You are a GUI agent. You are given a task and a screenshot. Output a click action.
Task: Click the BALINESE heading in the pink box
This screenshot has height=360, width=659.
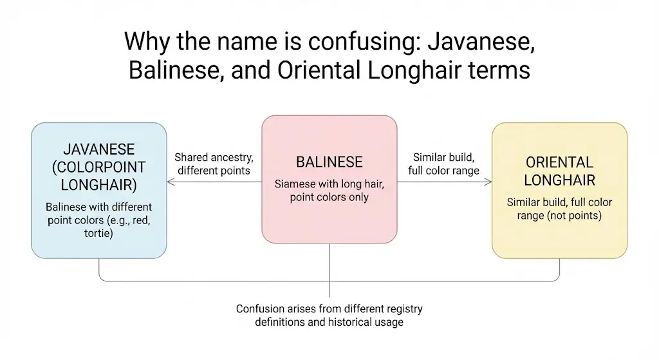coord(329,162)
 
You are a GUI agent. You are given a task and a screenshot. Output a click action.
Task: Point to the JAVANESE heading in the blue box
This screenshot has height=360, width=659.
coord(98,149)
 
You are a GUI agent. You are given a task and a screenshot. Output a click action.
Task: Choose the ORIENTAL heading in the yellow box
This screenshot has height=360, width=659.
coord(559,162)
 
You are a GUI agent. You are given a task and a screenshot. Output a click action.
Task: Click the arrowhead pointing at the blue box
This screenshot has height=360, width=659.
coord(169,182)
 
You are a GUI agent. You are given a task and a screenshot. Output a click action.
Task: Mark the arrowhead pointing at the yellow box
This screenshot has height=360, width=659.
coord(488,182)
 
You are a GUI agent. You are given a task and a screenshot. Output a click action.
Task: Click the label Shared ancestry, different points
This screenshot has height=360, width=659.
coord(214,164)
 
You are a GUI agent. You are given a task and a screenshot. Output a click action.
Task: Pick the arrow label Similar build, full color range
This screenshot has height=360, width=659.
coord(443,164)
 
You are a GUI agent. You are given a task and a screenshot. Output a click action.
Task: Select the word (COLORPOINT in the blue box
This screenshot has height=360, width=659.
coord(98,167)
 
